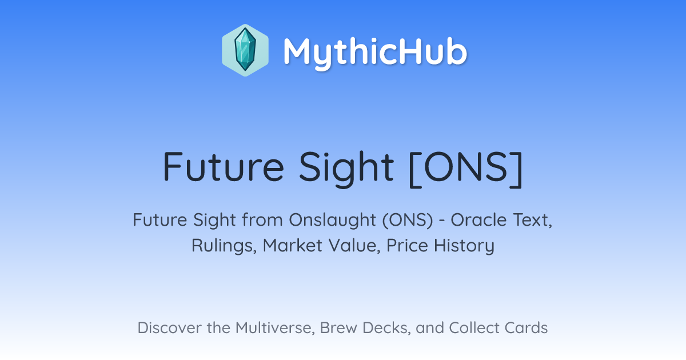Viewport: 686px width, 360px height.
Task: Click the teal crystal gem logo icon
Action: coord(245,50)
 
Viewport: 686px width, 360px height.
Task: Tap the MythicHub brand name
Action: coord(375,53)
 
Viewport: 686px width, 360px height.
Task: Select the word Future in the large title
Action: coord(224,167)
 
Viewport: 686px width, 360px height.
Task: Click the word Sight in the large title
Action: coord(346,169)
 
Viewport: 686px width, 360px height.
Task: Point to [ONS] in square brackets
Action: coord(466,169)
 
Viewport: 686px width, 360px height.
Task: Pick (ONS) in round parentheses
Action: coord(408,221)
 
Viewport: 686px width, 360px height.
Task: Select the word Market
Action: coord(293,246)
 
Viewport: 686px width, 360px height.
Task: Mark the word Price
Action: coord(407,246)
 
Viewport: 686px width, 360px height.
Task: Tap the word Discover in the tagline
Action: coord(169,328)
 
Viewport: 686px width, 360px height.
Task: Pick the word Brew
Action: coord(338,328)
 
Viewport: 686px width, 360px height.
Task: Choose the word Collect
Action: coord(474,328)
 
